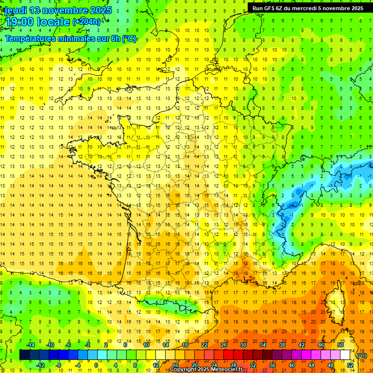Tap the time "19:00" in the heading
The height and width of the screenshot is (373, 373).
coord(19,22)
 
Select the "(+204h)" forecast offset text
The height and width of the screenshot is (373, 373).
coord(86,22)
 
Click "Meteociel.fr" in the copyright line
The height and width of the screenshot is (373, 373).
coord(227,370)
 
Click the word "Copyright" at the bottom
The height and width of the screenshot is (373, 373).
coord(183,370)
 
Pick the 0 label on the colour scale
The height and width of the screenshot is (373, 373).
coord(96,365)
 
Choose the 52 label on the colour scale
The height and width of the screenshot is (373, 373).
coord(350,365)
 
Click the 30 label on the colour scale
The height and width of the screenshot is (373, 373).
coord(243,345)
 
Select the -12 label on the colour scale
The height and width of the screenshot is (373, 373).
coord(41,365)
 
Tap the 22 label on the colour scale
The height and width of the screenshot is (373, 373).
coord(204,345)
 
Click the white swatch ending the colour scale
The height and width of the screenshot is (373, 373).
coord(345,355)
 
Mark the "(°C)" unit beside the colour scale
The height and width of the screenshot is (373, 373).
coord(362,356)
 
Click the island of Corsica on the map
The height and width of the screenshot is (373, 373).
coord(335,304)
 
